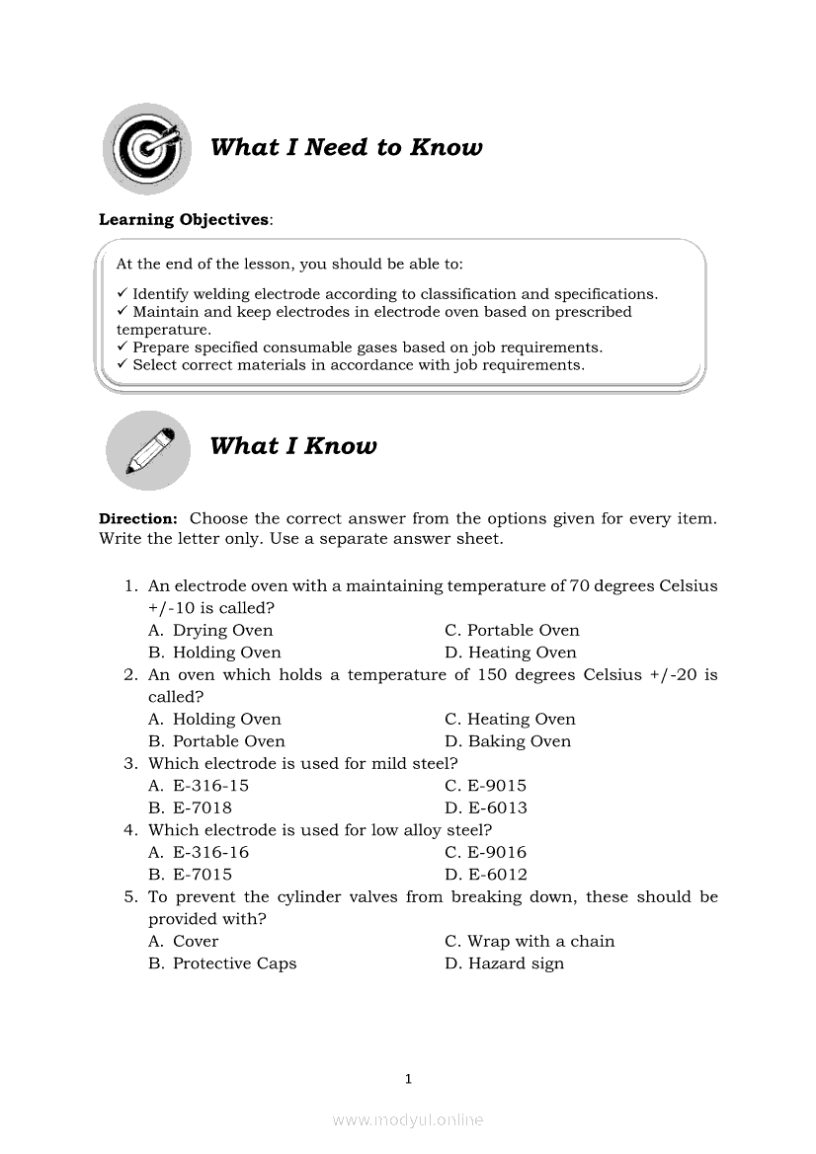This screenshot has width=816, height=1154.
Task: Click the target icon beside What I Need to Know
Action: click(146, 148)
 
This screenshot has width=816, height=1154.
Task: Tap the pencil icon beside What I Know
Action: click(148, 450)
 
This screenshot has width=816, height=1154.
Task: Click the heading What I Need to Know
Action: click(346, 148)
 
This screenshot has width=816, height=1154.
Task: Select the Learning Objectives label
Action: click(184, 219)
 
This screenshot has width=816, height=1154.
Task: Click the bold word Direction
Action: click(137, 517)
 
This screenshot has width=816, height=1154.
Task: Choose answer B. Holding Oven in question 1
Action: click(214, 653)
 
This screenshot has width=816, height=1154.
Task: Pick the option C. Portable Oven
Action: click(512, 630)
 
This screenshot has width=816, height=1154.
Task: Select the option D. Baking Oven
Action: click(508, 741)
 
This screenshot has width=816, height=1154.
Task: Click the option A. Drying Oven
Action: click(210, 630)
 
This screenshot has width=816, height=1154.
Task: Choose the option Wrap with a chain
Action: click(530, 941)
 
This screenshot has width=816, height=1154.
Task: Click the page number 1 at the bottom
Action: click(408, 1079)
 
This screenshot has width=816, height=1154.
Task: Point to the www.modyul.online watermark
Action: click(408, 1119)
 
